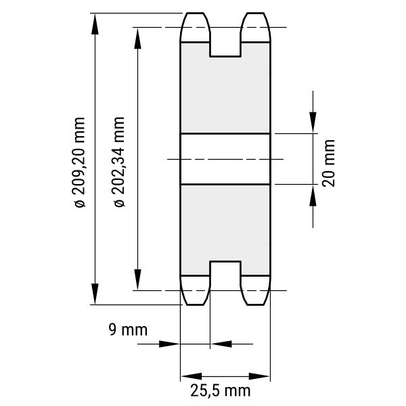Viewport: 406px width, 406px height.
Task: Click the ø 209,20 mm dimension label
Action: [79, 162]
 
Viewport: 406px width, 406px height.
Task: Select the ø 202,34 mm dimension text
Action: [119, 162]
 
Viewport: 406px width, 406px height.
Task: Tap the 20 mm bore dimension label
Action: [328, 163]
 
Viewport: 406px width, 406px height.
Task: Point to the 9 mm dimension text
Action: [128, 330]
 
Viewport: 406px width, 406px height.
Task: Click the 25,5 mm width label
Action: [221, 390]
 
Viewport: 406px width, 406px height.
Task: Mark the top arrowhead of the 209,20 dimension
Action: [95, 24]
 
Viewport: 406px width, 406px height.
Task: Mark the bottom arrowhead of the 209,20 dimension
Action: [95, 294]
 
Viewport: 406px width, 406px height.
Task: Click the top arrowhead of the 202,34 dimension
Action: [137, 39]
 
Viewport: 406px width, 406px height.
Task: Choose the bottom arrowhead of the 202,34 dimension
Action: [137, 279]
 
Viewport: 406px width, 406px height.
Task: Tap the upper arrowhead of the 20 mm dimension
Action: [313, 122]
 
